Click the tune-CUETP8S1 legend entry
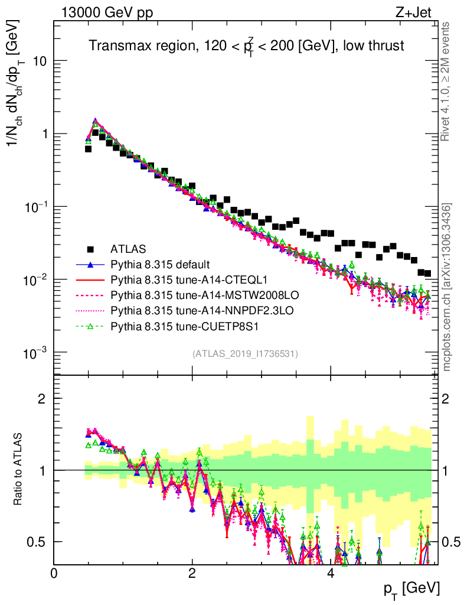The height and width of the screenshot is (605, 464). [x=171, y=325]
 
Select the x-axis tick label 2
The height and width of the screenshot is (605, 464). [x=192, y=574]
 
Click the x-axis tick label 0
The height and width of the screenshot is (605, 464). [x=54, y=574]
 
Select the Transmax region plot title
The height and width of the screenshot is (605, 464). [x=246, y=46]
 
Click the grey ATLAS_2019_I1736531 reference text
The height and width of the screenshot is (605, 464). [x=245, y=354]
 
